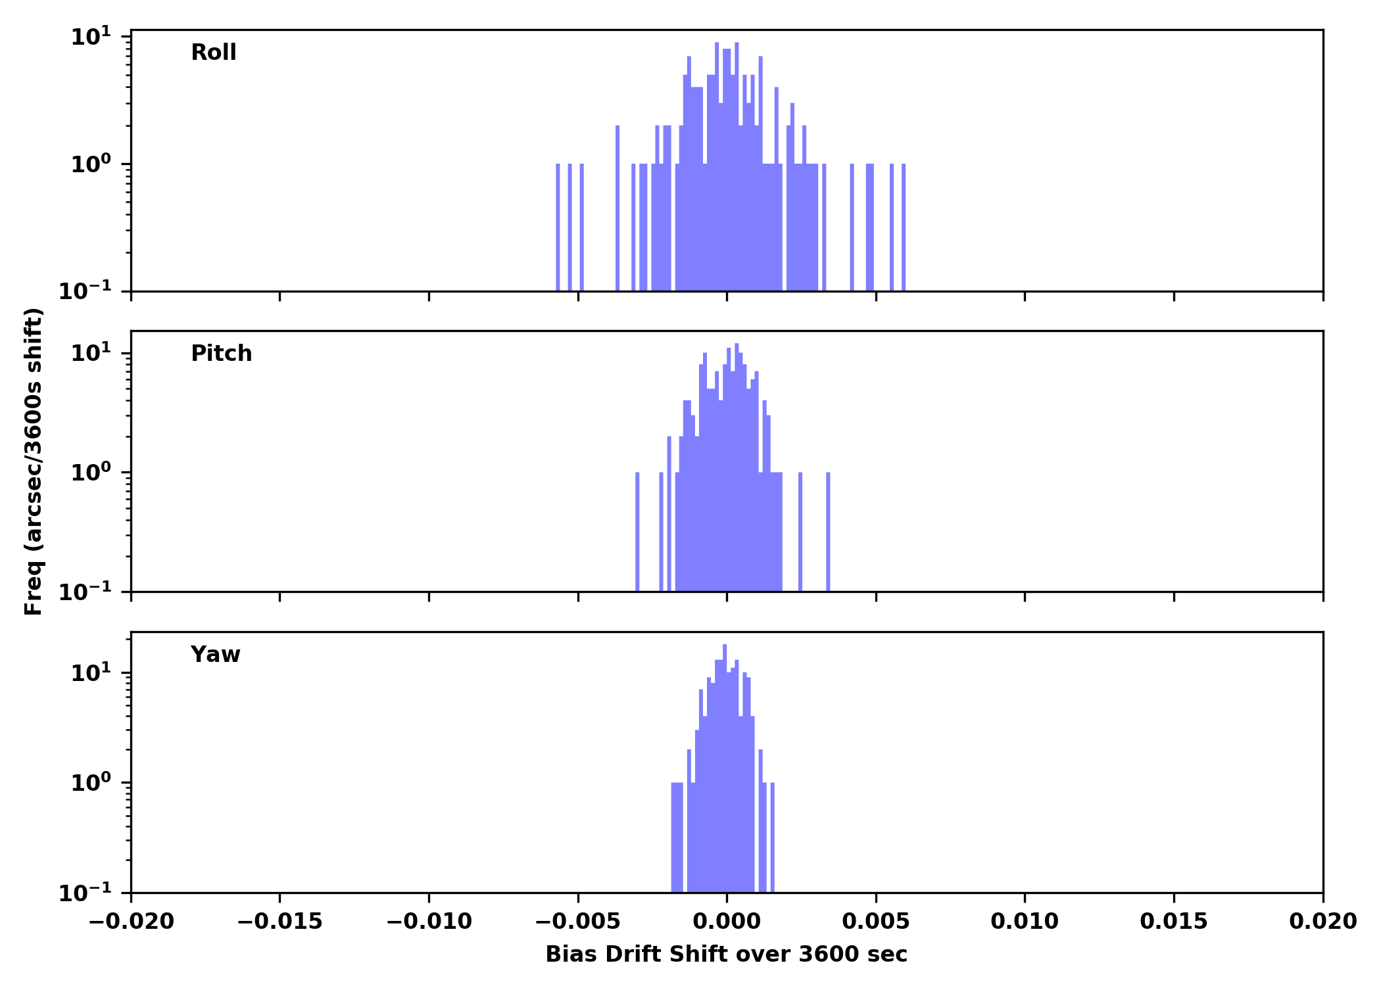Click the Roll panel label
tap(213, 53)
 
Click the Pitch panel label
tap(221, 354)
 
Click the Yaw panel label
tap(215, 655)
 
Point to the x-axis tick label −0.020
tap(131, 922)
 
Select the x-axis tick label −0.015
tap(279, 922)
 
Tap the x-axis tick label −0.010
tap(429, 922)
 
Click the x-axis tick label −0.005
tap(578, 922)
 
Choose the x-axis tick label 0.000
tap(727, 922)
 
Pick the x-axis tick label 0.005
tap(876, 922)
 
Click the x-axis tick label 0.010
tap(1025, 922)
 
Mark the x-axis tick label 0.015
tap(1174, 922)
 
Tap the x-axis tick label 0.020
tap(1322, 922)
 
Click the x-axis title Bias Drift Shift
tap(726, 954)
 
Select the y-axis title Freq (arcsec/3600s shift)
tap(34, 461)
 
